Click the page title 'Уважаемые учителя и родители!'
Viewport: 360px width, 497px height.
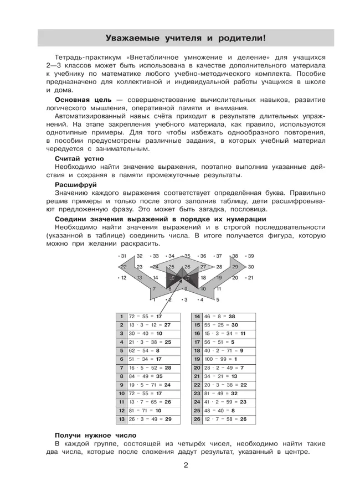[x=186, y=38]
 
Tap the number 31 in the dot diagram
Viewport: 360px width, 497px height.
[x=122, y=256]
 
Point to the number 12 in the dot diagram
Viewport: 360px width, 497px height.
[x=122, y=278]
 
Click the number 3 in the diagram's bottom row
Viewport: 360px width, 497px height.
[x=185, y=299]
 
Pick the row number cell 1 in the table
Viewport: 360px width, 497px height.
[x=121, y=316]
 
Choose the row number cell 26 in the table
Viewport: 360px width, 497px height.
[x=197, y=420]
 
